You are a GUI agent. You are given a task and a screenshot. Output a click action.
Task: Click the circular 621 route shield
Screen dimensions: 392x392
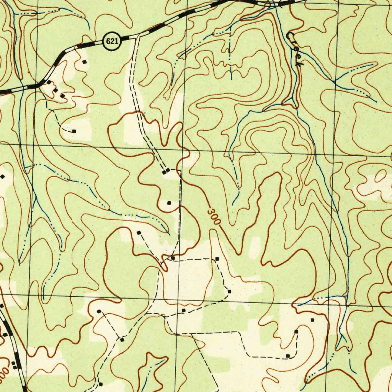[111, 41]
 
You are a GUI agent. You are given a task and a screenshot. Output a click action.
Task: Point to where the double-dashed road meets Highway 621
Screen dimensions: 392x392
[137, 36]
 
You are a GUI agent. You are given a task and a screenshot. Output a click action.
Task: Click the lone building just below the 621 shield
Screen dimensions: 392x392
[85, 62]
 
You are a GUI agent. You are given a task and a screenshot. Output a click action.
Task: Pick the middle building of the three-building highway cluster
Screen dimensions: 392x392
[56, 90]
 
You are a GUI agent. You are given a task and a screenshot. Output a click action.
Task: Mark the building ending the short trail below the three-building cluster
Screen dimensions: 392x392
[74, 131]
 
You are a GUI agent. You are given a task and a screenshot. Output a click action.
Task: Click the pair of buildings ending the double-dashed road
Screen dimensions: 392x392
[166, 171]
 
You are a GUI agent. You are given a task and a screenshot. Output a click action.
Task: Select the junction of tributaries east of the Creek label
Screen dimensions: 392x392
[335, 81]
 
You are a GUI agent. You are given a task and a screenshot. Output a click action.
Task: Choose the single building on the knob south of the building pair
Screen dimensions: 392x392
[169, 203]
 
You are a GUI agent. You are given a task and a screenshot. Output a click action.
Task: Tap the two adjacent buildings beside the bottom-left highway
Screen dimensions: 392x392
[15, 365]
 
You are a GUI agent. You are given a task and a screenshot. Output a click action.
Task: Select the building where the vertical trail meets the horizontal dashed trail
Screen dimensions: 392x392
[173, 258]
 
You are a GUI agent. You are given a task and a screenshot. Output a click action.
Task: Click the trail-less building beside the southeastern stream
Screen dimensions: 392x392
[312, 320]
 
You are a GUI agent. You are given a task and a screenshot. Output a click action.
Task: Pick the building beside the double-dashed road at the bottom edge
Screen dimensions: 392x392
[100, 384]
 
